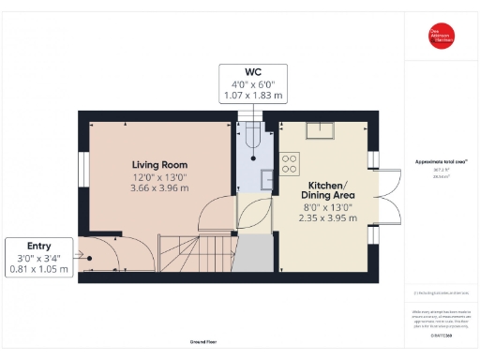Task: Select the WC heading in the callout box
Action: point(252,71)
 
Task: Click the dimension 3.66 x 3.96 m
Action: point(158,187)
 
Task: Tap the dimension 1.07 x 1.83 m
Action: point(252,96)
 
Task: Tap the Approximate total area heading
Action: point(440,161)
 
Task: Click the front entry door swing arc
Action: point(99,253)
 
